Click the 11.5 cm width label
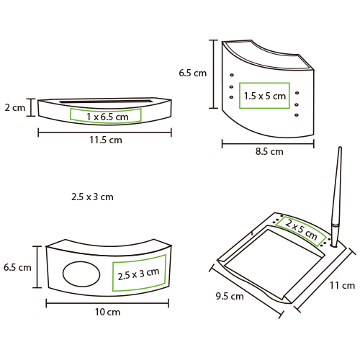[106, 140]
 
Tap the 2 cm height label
[15, 107]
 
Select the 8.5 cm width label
[269, 151]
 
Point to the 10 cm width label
[107, 312]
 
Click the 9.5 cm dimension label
[230, 296]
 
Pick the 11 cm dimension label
[342, 285]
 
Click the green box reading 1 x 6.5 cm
[106, 116]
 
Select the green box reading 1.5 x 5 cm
[264, 96]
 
